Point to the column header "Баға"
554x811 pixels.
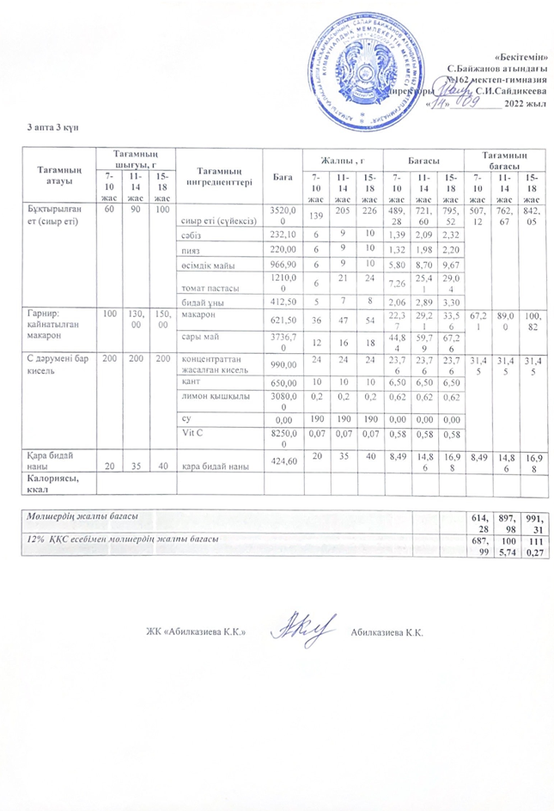click(280, 175)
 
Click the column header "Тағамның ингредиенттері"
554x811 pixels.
click(222, 175)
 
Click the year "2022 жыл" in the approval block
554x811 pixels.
click(525, 105)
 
